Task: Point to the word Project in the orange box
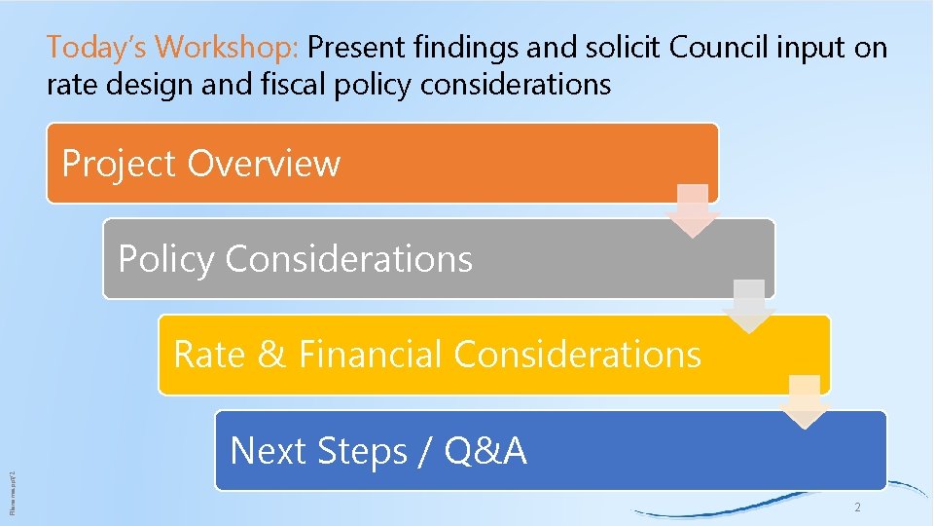click(x=120, y=164)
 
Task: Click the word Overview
click(x=264, y=164)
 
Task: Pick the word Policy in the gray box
click(x=165, y=259)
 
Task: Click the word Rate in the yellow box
click(x=208, y=354)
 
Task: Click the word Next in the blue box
click(x=268, y=451)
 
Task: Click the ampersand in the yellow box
click(x=270, y=355)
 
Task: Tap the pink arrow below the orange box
click(x=694, y=210)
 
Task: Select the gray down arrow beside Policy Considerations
click(x=749, y=306)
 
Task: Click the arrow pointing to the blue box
click(x=805, y=401)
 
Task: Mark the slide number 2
click(x=857, y=507)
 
